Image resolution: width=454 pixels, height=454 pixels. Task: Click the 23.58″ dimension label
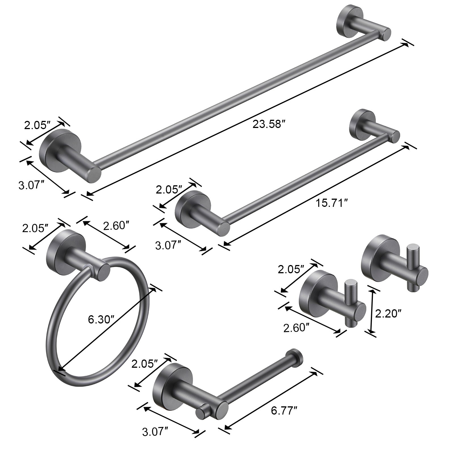[x=268, y=124]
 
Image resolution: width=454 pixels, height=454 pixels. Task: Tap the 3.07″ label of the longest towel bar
[x=31, y=186]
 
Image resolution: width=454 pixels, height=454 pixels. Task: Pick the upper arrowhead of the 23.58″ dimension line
[x=407, y=44]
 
